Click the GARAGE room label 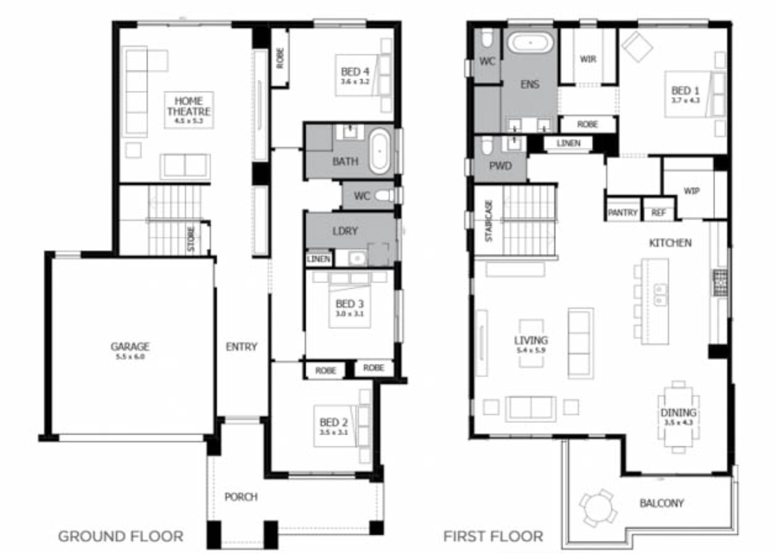pos(130,347)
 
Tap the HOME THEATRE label pos(188,106)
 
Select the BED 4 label pos(355,72)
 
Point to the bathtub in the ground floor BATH pos(380,151)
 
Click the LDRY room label pos(345,231)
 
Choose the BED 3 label pos(349,304)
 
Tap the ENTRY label pos(241,347)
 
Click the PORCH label pos(241,497)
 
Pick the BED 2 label pos(333,423)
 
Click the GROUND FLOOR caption pos(121,537)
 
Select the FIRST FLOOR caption pos(493,537)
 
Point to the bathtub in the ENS pos(531,43)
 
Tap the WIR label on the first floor pos(588,59)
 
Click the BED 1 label pos(685,91)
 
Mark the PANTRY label pos(622,212)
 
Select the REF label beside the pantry pos(658,212)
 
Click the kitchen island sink pos(660,295)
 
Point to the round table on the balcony pos(598,507)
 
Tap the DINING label pos(678,413)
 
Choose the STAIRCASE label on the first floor pos(489,221)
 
